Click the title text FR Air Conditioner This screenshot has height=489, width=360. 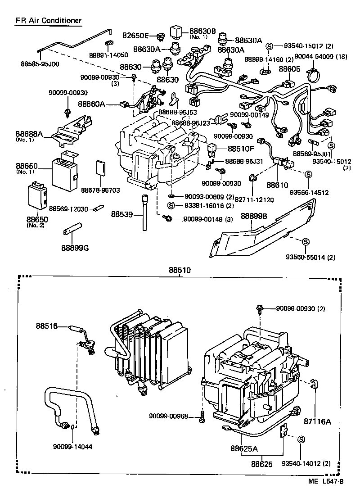(x=49, y=21)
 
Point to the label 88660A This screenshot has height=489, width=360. (x=91, y=104)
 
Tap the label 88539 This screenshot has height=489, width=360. (x=123, y=215)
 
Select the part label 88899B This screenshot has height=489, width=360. (x=254, y=216)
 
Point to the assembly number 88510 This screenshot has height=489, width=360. (x=180, y=270)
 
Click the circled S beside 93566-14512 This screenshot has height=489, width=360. (x=309, y=174)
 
